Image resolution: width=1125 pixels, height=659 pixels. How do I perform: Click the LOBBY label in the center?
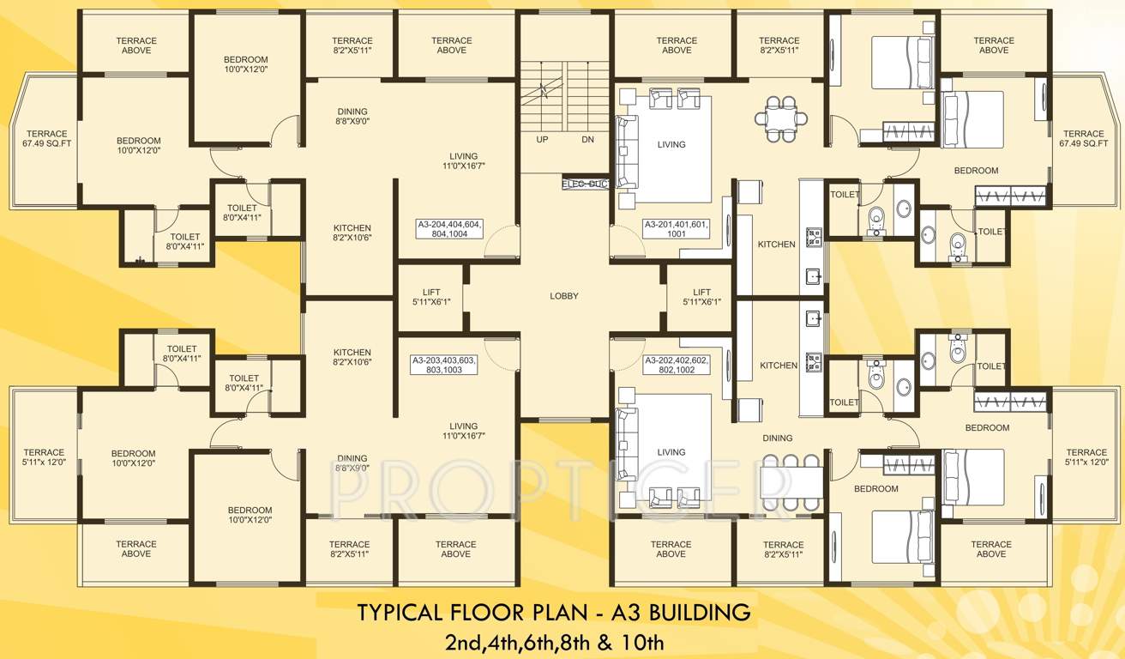(x=564, y=296)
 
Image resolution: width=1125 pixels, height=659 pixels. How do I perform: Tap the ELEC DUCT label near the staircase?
(x=585, y=184)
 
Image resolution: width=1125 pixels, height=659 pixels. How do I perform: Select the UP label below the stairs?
(x=542, y=139)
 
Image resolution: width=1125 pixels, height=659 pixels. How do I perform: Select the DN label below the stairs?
(x=587, y=139)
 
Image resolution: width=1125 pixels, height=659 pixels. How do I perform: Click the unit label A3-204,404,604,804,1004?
(x=449, y=228)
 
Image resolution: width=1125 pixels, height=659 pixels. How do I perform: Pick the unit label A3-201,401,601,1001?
(x=677, y=228)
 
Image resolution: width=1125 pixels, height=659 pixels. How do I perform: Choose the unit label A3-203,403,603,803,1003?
(x=443, y=365)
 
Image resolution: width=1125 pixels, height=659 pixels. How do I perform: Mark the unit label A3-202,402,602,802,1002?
(x=677, y=365)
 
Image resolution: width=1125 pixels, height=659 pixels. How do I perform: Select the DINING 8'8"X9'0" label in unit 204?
(x=352, y=117)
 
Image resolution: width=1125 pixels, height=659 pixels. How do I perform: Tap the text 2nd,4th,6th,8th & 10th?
(x=554, y=640)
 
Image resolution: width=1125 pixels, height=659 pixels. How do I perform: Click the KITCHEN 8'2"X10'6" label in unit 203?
(x=352, y=357)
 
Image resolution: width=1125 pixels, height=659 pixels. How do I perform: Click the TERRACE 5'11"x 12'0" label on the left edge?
(x=44, y=457)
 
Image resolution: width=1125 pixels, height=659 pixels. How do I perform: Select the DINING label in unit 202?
(x=777, y=438)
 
